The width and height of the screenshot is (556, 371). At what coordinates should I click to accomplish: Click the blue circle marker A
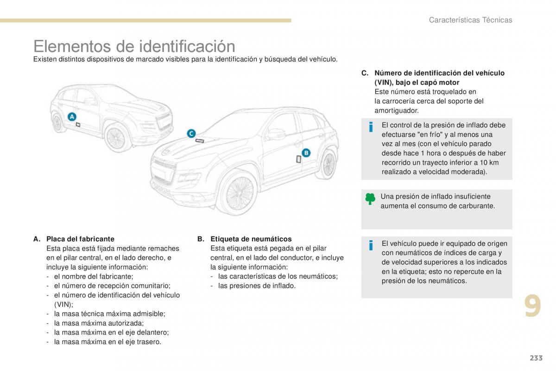click(72, 117)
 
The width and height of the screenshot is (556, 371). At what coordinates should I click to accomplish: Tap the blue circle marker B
click(306, 153)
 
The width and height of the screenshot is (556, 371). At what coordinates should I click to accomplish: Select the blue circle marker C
click(191, 134)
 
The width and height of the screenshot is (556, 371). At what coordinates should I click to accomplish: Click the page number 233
click(535, 358)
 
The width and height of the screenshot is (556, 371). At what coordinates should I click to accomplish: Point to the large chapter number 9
click(532, 307)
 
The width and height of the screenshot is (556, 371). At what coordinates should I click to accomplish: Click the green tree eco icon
click(370, 199)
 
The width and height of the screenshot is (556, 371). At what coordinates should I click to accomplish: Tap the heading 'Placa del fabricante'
click(80, 239)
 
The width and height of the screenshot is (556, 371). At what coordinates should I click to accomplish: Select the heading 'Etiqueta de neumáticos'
click(251, 239)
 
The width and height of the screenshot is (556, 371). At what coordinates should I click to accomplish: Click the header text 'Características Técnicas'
click(470, 20)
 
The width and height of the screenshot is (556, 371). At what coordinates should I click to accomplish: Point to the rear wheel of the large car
click(329, 164)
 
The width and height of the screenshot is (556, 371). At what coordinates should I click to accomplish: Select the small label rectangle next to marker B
click(298, 159)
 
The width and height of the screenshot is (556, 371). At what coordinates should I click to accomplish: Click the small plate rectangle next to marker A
click(78, 124)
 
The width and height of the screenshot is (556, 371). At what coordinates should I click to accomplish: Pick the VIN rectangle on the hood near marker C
click(200, 141)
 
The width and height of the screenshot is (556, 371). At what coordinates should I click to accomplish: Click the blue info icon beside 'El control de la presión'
click(370, 127)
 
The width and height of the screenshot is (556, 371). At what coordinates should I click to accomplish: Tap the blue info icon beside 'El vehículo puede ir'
click(370, 245)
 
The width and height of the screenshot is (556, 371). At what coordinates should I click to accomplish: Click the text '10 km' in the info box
click(489, 162)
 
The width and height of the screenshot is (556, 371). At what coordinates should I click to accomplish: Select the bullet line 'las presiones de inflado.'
click(256, 286)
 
